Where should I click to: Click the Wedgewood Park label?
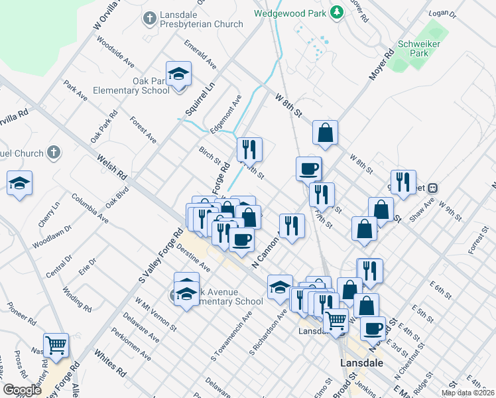tap(291, 13)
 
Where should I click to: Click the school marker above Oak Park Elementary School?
tap(178, 74)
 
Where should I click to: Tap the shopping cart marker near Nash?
tap(56, 346)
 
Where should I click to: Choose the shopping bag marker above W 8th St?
tap(326, 133)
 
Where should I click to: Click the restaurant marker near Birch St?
tap(249, 150)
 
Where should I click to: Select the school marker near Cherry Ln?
tap(20, 184)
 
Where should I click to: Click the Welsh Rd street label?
tap(111, 167)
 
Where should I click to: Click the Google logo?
tap(22, 390)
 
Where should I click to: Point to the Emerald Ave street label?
tap(201, 57)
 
